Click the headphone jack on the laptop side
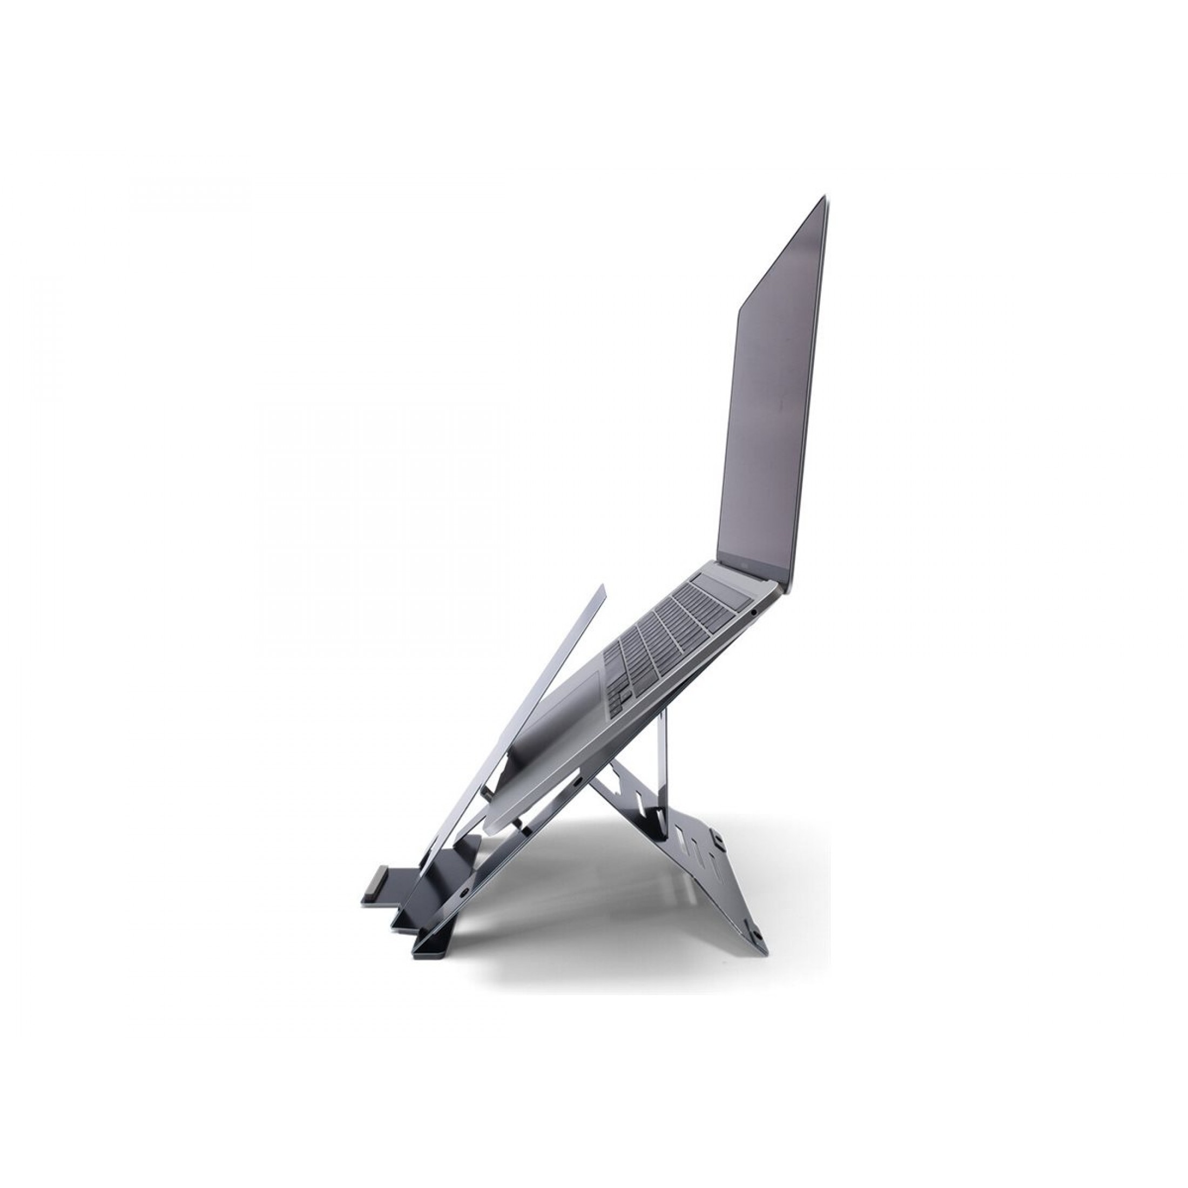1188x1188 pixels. [x=754, y=612]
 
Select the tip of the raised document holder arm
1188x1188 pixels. [x=602, y=589]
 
